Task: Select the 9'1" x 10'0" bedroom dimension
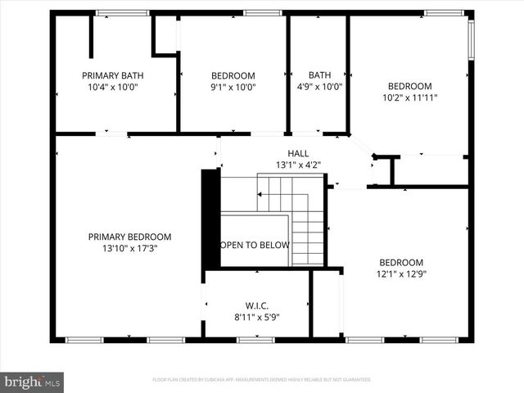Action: point(233,87)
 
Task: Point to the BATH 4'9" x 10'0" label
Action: point(319,80)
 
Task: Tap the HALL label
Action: point(298,153)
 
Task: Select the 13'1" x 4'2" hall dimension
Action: point(298,165)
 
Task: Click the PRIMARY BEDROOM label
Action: point(129,237)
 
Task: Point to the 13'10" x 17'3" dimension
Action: point(129,248)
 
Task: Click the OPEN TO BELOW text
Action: point(254,244)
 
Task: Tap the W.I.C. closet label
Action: point(257,305)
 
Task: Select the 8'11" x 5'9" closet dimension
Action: point(257,317)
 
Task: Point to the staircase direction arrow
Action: point(260,195)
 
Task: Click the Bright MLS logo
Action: point(33,382)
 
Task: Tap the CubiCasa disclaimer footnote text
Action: point(262,380)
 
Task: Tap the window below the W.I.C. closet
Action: point(255,340)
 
